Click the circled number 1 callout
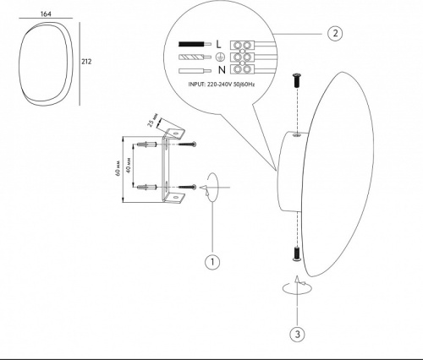coord(212,262)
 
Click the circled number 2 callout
coord(335,33)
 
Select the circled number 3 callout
coord(298,335)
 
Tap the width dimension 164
coord(46,14)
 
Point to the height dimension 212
coord(86,62)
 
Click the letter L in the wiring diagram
coord(218,44)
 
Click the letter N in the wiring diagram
coord(222,70)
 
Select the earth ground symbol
coord(220,57)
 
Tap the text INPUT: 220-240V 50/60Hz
coord(222,85)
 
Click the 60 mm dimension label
coord(118,169)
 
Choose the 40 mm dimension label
coord(129,166)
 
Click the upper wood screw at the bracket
coord(187,145)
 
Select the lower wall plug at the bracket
coord(146,187)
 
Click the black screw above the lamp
coord(297,79)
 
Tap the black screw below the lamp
coord(297,254)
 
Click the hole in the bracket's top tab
coord(176,133)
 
